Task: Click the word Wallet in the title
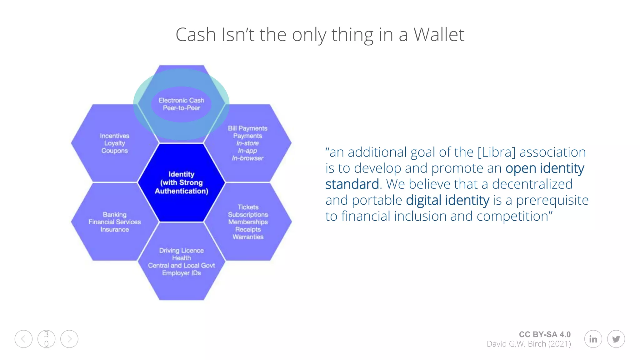coord(439,34)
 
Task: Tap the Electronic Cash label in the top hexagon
coord(181,100)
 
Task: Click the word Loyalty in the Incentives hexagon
coord(114,143)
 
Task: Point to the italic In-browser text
coord(247,158)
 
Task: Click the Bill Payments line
coord(247,128)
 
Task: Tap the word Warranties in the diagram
coord(248,237)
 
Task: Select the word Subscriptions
coord(248,215)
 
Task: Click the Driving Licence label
coord(181,251)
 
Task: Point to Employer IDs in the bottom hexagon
coord(181,273)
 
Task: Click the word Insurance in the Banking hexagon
coord(114,229)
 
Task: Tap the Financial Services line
coord(114,222)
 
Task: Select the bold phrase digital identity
coord(447,200)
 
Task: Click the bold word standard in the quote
coord(352,184)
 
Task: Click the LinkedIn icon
coord(593,339)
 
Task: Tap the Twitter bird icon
coord(616,339)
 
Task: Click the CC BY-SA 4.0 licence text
coord(544,334)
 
